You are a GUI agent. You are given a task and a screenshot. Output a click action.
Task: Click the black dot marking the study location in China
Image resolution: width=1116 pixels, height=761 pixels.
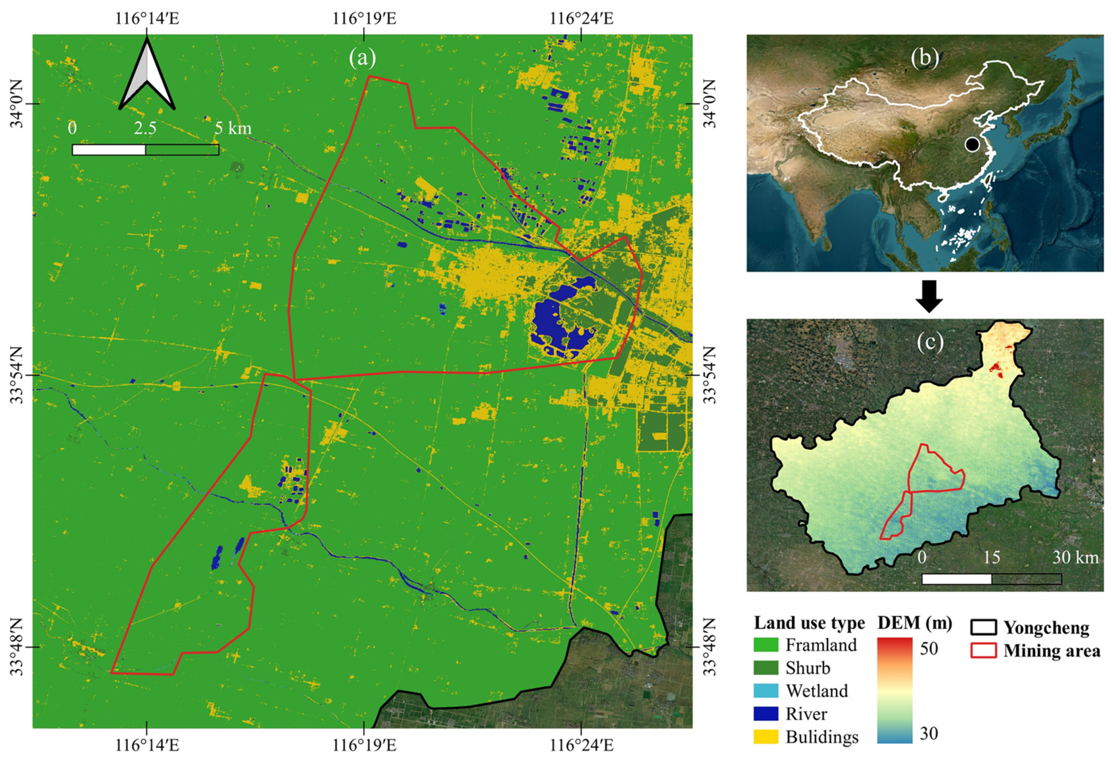[972, 144]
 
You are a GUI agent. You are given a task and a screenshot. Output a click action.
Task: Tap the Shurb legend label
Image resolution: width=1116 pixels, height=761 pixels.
[808, 668]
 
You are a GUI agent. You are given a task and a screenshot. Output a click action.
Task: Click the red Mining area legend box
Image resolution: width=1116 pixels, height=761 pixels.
[983, 651]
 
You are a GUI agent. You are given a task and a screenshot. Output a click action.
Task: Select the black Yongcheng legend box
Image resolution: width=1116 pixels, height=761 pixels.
[983, 628]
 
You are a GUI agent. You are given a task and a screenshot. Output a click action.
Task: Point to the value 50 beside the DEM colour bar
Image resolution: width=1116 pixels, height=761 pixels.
[929, 649]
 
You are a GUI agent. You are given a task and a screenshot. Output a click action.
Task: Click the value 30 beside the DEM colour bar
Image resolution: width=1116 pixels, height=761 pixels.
[929, 733]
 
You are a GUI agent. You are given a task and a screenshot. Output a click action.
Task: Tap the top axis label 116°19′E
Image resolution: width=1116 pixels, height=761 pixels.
[364, 18]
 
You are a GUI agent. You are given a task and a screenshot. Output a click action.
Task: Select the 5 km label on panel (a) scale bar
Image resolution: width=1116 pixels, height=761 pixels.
[233, 128]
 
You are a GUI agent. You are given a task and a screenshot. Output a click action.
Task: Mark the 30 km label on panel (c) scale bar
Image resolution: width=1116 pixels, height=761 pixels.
[1075, 557]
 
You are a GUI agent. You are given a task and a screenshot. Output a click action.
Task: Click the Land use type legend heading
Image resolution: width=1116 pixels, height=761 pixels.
[809, 623]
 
